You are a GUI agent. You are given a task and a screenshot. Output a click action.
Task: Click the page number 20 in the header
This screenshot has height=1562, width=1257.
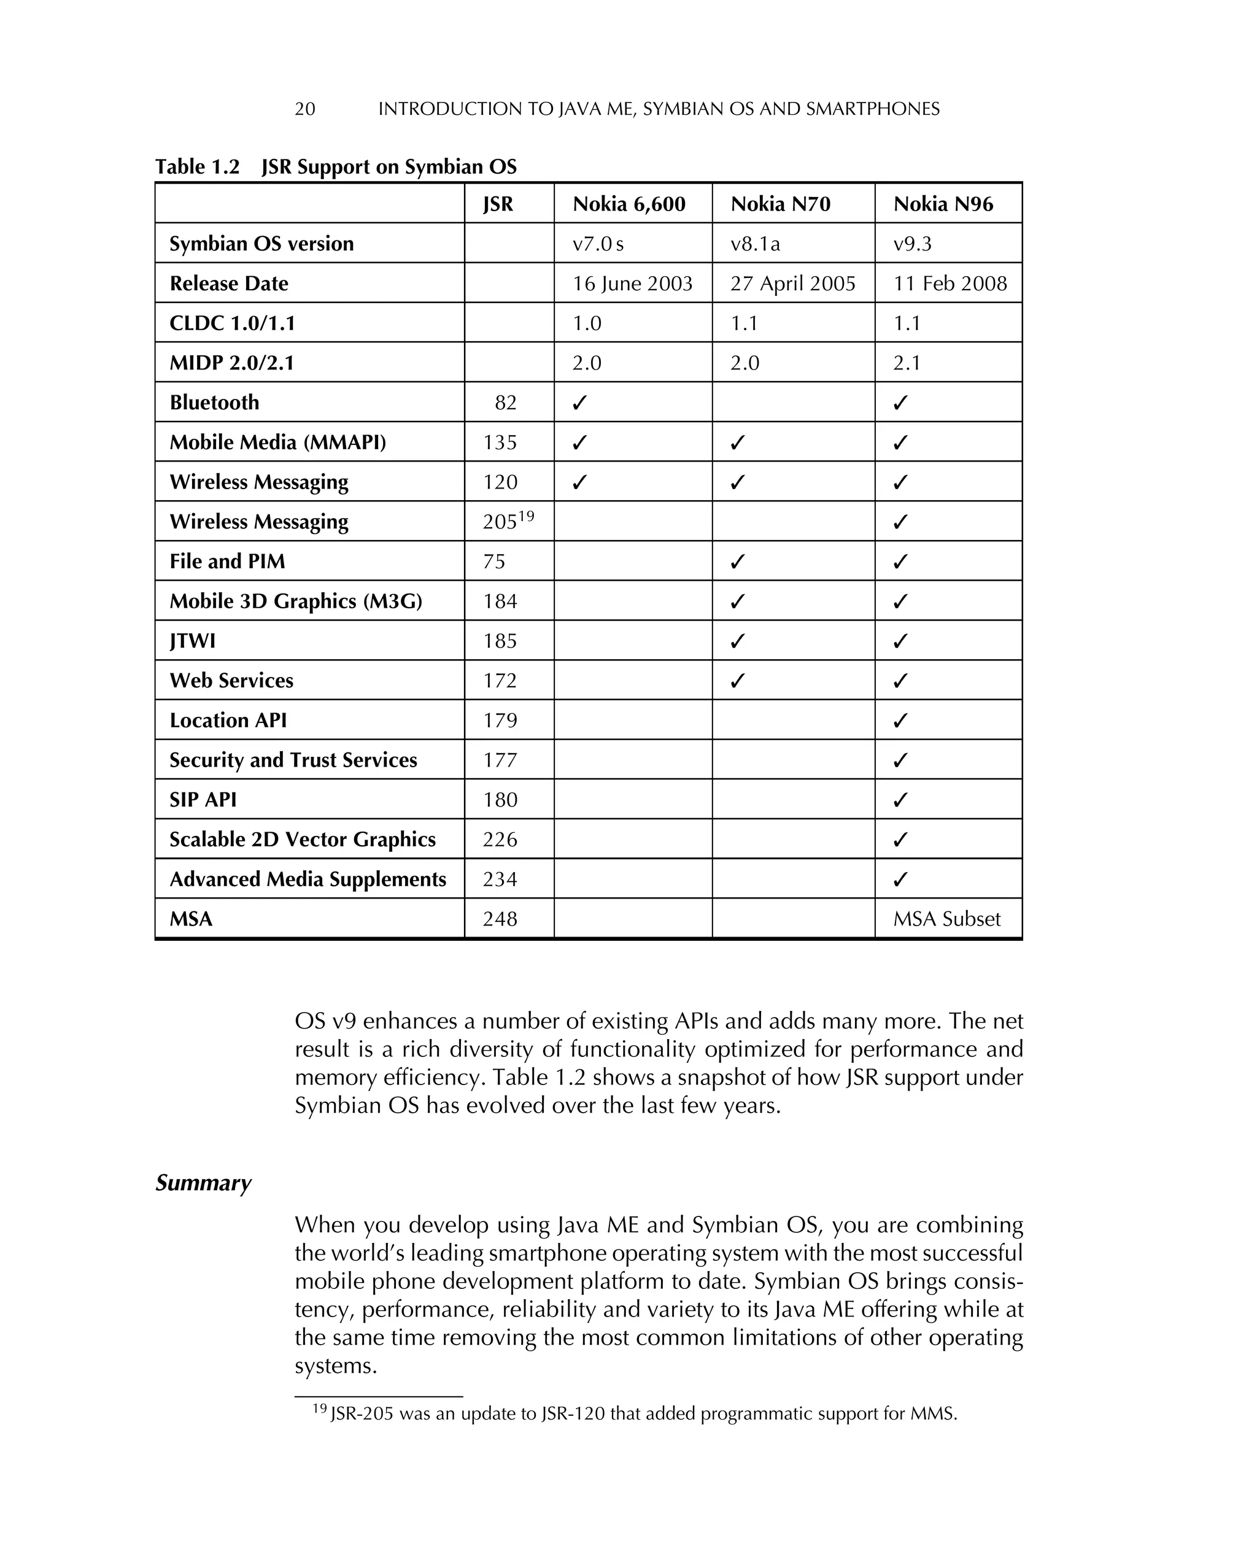click(304, 109)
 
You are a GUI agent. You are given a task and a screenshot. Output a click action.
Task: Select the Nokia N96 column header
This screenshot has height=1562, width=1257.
click(943, 204)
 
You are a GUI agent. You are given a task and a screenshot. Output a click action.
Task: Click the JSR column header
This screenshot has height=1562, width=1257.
click(498, 204)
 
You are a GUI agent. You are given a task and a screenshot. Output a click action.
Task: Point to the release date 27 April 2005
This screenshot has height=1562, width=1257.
click(792, 284)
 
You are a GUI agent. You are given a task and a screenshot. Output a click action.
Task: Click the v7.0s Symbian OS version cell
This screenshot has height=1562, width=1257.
click(598, 244)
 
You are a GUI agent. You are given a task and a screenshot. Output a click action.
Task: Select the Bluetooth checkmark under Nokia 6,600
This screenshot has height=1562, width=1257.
click(579, 403)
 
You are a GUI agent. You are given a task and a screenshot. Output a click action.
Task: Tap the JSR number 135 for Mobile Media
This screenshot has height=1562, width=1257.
click(500, 443)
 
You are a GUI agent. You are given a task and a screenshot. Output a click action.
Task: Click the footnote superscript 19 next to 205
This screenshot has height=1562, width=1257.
click(527, 516)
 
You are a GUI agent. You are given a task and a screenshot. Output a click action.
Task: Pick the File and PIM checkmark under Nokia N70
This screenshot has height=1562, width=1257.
click(738, 562)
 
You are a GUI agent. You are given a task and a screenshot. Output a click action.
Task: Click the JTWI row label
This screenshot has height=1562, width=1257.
click(192, 641)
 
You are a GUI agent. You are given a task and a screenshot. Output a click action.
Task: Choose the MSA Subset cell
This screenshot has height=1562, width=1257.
click(946, 919)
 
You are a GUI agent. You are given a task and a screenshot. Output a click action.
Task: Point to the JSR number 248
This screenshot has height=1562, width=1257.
click(500, 919)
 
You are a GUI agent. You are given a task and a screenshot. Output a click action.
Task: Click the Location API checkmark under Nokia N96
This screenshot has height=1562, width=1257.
click(900, 721)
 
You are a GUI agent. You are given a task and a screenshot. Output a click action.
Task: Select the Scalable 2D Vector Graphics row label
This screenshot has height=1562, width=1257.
click(302, 839)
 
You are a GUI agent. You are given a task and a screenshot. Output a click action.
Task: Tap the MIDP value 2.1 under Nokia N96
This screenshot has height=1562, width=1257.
click(907, 363)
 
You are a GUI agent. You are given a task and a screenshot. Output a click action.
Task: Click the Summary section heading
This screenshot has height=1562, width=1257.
click(203, 1182)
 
